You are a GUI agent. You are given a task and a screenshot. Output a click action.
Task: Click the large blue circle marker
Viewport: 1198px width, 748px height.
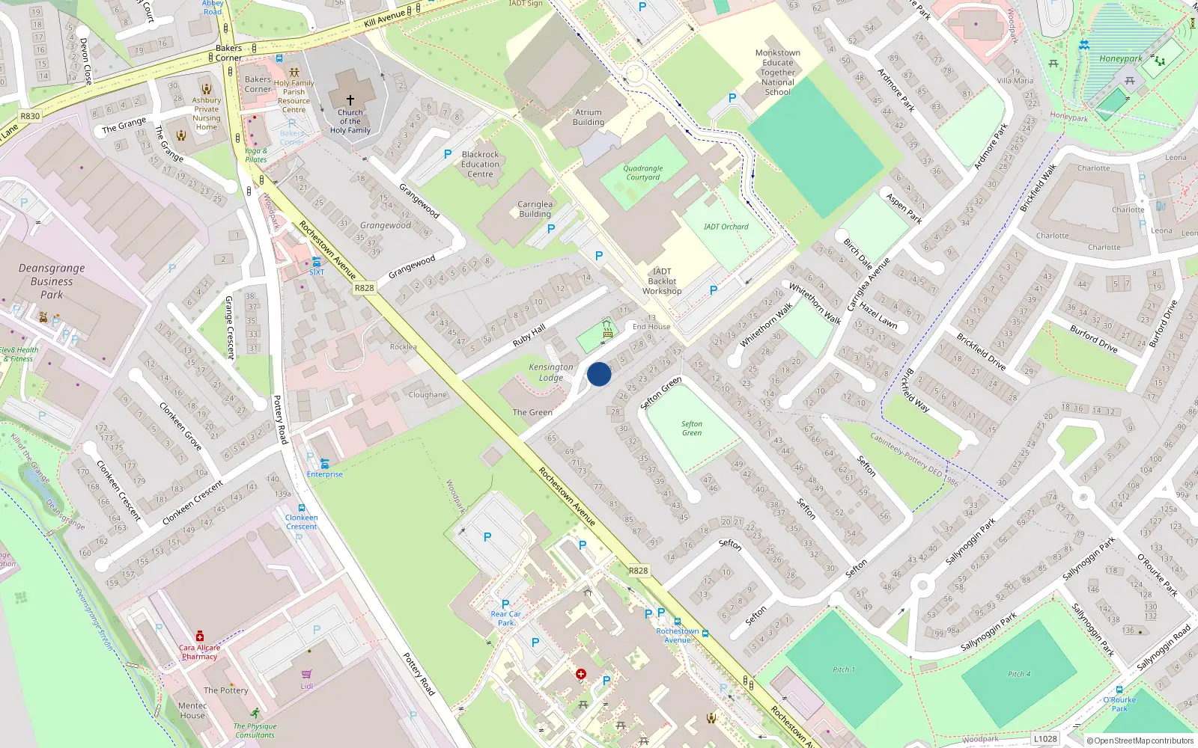(599, 374)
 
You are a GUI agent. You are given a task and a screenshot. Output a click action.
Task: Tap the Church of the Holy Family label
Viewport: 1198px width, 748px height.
(350, 121)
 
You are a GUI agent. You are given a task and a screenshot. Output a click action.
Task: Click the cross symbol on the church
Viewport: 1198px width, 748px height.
(350, 99)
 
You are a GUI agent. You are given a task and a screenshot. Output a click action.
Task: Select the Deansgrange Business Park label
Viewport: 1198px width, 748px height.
(52, 281)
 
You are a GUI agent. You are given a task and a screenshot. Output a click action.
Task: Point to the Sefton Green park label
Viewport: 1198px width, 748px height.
(692, 429)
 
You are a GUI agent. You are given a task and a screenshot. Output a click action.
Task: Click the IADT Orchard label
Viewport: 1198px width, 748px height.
(726, 227)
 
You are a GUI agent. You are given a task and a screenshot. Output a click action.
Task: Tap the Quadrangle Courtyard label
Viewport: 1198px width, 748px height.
(643, 173)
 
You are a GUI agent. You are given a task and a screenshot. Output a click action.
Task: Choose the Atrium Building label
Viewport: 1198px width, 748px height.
(589, 117)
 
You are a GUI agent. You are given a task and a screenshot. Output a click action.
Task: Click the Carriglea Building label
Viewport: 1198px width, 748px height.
(535, 209)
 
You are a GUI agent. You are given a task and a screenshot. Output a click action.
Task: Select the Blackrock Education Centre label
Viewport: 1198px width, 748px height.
(480, 165)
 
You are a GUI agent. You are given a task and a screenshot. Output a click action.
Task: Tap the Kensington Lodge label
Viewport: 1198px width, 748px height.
(551, 373)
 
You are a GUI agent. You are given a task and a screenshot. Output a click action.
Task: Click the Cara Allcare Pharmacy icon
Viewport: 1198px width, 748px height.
(200, 636)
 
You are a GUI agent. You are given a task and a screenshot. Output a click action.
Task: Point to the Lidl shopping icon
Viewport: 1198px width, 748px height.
(306, 674)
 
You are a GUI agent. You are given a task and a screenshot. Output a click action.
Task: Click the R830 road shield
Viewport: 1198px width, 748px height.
(31, 116)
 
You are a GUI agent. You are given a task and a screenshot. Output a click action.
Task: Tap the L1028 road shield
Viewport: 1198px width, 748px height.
(1045, 738)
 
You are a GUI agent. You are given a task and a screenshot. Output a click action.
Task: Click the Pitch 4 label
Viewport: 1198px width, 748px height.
(1018, 674)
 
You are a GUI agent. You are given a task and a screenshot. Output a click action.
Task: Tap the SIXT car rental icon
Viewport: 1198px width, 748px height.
(317, 262)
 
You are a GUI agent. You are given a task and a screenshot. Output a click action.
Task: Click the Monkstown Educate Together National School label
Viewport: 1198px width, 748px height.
(777, 73)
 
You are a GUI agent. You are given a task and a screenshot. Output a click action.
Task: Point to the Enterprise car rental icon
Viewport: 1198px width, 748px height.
(324, 464)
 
